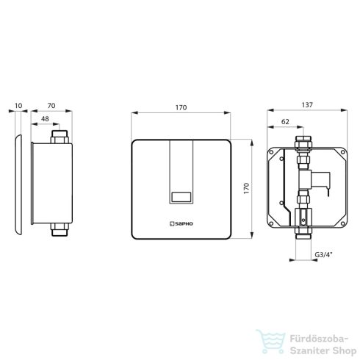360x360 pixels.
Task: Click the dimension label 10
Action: [18, 106]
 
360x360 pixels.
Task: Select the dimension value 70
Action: [51, 106]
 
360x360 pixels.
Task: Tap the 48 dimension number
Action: [45, 119]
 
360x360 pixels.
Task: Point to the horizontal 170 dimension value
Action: [181, 107]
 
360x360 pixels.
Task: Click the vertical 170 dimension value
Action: [246, 188]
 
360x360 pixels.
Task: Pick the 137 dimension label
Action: [307, 105]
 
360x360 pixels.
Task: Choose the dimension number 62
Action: [285, 122]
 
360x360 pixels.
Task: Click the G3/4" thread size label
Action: [323, 254]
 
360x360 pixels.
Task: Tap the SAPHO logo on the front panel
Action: [181, 223]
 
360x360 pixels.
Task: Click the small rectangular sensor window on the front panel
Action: [181, 197]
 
